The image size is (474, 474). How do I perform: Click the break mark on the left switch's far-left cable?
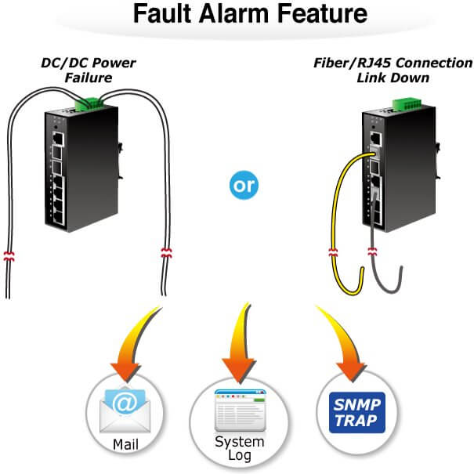pyautogui.click(x=9, y=255)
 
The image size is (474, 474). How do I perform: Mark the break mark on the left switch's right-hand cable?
pyautogui.click(x=165, y=254)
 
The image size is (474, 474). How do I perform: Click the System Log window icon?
pyautogui.click(x=238, y=407)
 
